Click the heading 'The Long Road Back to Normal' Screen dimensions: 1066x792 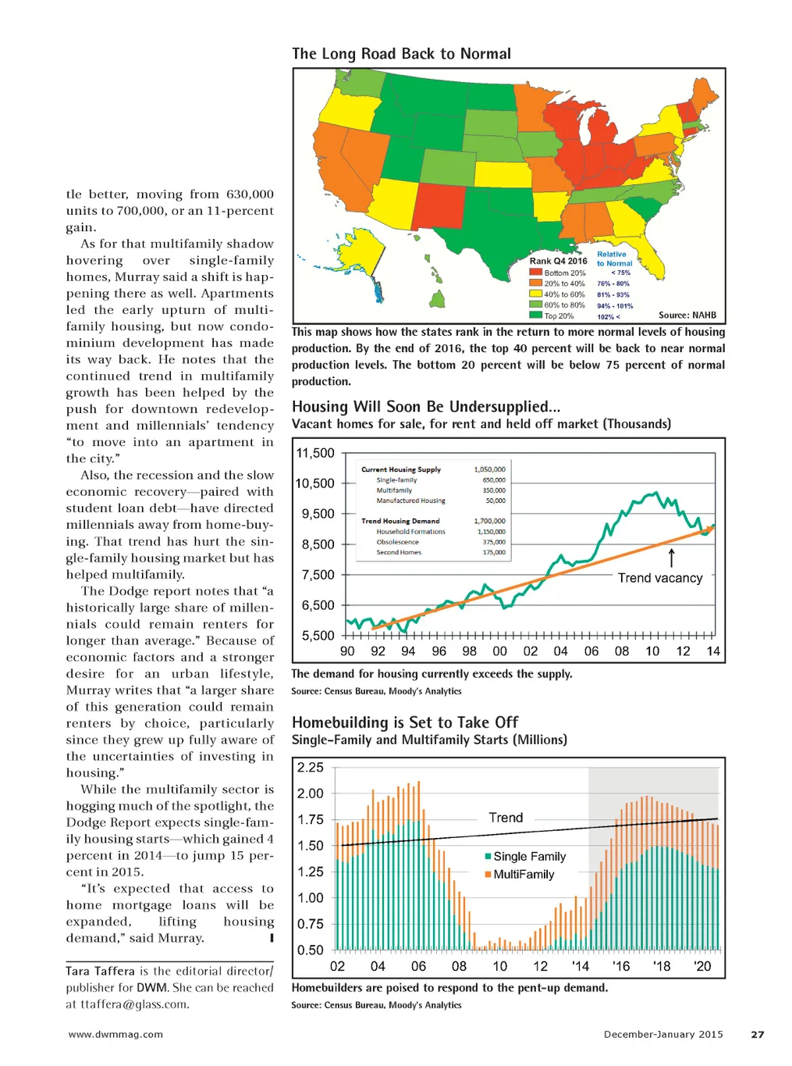click(401, 54)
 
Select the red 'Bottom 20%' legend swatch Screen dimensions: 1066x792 click(535, 273)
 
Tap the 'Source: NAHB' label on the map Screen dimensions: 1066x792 click(687, 316)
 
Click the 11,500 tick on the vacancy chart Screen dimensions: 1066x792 click(314, 453)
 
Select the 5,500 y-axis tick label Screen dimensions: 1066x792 click(318, 636)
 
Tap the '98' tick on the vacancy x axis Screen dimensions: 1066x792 click(469, 651)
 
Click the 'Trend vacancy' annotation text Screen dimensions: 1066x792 click(660, 578)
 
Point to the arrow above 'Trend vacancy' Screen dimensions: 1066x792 click(671, 558)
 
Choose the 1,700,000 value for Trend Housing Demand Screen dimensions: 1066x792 click(489, 521)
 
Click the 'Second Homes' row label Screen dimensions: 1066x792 click(398, 552)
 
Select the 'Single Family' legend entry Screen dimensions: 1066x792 click(529, 857)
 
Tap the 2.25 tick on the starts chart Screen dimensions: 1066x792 click(311, 768)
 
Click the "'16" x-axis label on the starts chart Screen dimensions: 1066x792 click(620, 966)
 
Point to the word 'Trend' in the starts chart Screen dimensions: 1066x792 click(506, 818)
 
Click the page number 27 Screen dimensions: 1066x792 click(757, 1034)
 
